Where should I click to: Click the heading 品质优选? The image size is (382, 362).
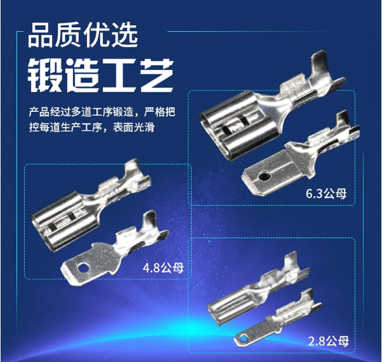pos(83,35)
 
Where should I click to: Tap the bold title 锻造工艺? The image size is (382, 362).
pos(100,75)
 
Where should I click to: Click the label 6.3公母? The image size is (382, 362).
pos(326,194)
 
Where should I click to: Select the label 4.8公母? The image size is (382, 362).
pos(163,268)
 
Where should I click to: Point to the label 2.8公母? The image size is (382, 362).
pos(329,341)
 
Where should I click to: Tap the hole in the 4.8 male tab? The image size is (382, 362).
pos(83,267)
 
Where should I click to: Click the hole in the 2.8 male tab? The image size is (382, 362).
pos(242,338)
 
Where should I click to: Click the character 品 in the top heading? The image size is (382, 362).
pos(40,35)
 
